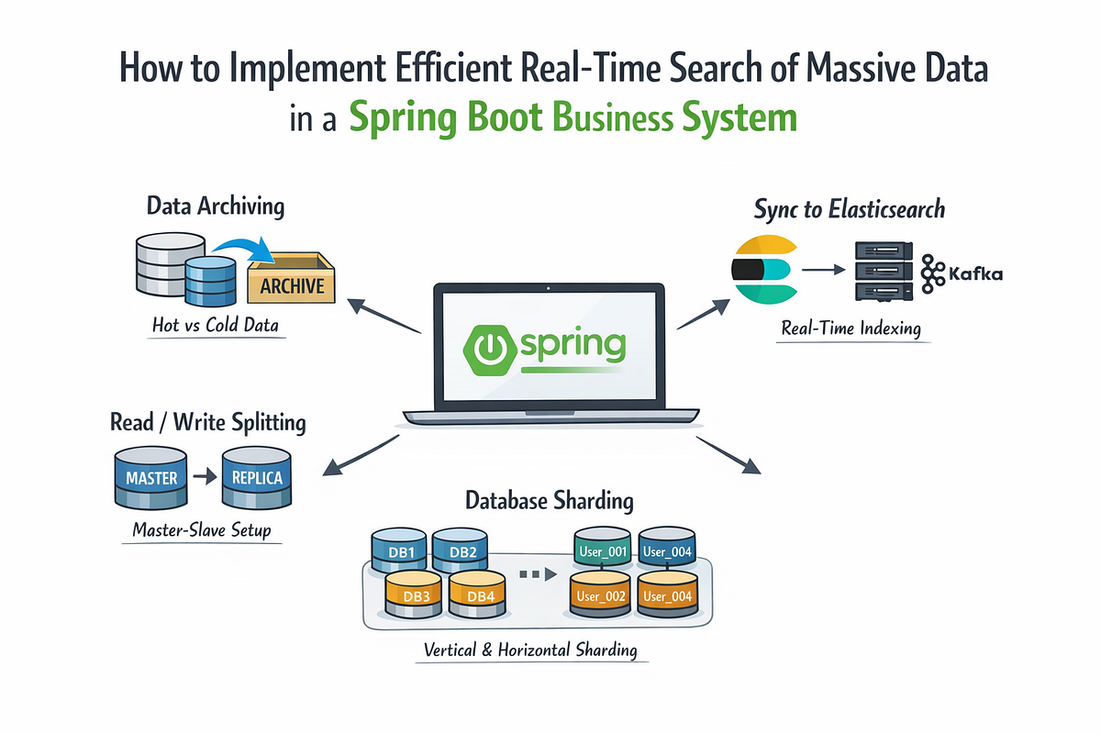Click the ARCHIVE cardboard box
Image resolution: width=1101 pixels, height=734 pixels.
292,278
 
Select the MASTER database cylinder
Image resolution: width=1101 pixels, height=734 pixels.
150,478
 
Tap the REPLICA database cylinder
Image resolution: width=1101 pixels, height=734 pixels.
257,477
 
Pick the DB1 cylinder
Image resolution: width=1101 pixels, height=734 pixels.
399,550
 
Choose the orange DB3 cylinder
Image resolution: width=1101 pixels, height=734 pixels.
414,594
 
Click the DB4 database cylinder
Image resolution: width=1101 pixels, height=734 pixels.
478,594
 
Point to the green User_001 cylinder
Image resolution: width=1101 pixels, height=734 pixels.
603,549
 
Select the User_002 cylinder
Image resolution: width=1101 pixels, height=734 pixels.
601,594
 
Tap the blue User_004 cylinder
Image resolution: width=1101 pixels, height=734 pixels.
667,549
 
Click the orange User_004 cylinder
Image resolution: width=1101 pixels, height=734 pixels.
668,594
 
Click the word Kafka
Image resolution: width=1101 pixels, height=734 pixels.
975,273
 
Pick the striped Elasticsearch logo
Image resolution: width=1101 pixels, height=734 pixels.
763,270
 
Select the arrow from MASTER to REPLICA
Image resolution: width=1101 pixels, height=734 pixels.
205,476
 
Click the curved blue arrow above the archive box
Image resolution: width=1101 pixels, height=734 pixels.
243,247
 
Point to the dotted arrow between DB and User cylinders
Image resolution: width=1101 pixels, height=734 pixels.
539,574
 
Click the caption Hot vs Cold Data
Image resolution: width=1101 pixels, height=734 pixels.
216,325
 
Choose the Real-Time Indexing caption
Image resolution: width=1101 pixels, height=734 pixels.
851,328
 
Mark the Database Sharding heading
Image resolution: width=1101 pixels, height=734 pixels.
549,500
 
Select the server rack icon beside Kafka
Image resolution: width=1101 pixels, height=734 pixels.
884,271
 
